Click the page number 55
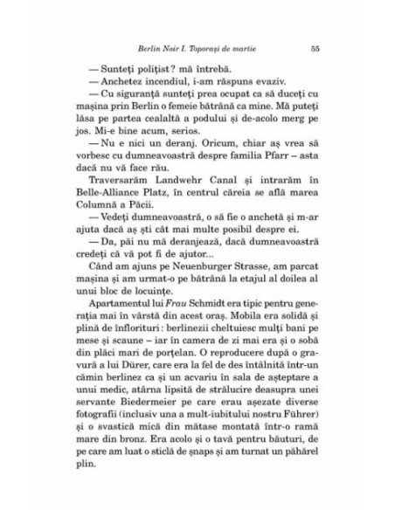pos(315,49)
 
